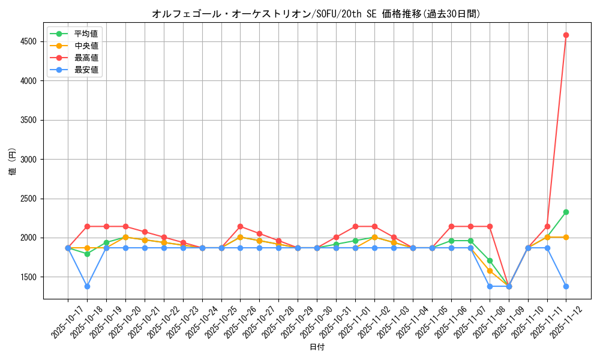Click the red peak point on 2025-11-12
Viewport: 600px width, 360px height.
click(566, 35)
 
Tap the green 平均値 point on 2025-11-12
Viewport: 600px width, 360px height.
click(566, 212)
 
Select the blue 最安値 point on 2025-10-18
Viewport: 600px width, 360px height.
click(87, 286)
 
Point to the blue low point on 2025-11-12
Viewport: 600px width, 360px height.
click(566, 286)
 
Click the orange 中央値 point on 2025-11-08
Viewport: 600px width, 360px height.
click(490, 271)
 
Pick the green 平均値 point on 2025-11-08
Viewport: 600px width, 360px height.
click(490, 260)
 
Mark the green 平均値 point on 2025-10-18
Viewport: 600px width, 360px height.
click(87, 254)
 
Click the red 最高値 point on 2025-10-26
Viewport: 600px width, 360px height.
click(240, 226)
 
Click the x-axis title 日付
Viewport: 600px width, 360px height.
click(317, 347)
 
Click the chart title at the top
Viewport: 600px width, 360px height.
click(316, 14)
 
